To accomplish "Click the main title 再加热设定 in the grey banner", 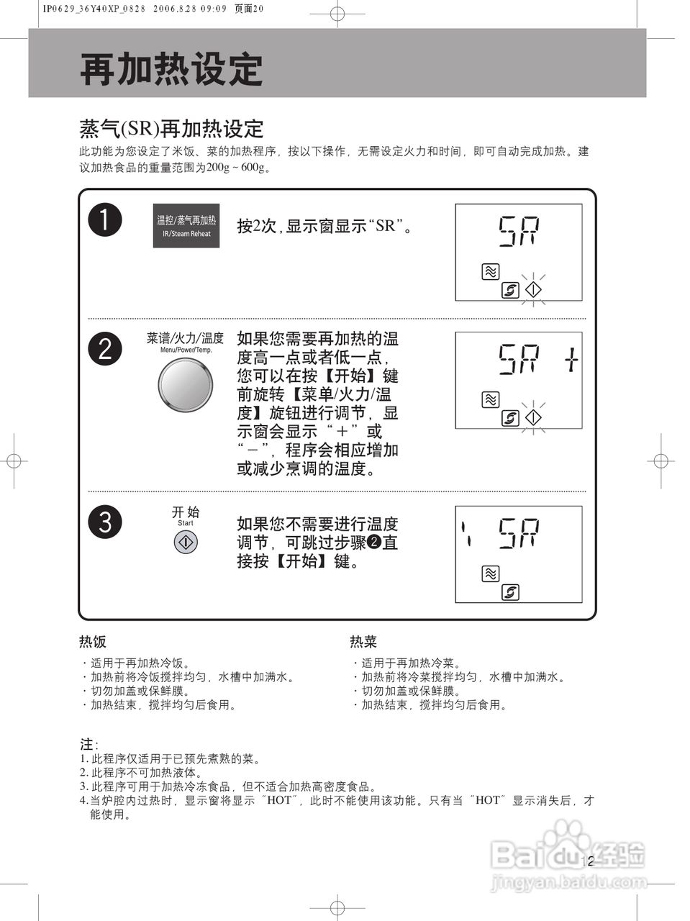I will [x=171, y=69].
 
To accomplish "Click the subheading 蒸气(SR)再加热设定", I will [x=171, y=129].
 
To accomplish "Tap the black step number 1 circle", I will [x=105, y=219].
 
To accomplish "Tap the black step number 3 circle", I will [x=105, y=522].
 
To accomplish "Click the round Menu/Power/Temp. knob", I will [x=186, y=386].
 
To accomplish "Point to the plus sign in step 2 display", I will [x=570, y=359].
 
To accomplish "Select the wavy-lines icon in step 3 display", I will [x=490, y=573].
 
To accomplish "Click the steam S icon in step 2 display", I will [x=510, y=418].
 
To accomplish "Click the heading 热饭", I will [x=93, y=641].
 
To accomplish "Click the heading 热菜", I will [x=363, y=641].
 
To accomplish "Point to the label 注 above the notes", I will [x=86, y=743].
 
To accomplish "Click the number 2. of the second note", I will [x=83, y=772].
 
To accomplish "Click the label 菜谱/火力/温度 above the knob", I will [x=185, y=337].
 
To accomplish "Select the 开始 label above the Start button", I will [x=186, y=512].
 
